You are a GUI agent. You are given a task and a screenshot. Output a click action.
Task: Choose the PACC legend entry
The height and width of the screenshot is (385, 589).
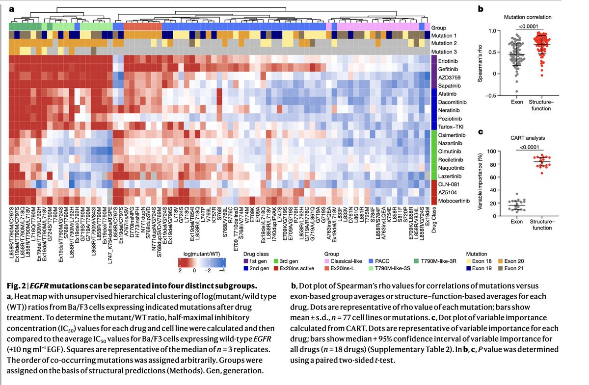point(378,262)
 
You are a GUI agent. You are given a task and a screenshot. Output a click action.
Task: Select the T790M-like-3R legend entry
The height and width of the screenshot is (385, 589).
point(434,262)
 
